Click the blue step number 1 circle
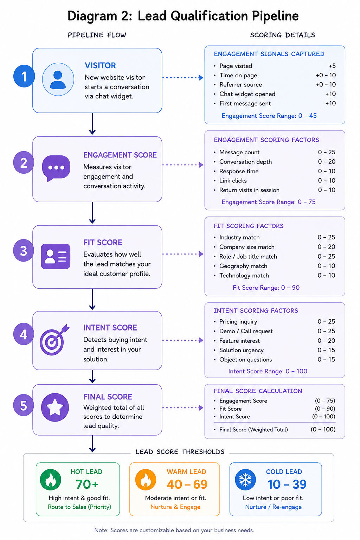24,76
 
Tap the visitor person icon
58,79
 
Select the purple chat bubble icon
56,168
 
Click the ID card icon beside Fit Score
56,256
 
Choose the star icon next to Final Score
55,407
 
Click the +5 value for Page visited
332,66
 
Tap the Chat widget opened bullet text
247,94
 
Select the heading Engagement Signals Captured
269,54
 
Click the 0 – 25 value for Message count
327,152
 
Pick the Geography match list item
243,266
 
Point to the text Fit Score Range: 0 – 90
266,288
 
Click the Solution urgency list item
242,350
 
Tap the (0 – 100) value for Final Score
323,429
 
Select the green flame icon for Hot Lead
51,480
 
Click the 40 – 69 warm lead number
187,484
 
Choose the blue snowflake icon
245,480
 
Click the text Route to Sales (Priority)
79,507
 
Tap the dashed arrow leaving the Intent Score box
183,340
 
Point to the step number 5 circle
24,405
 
